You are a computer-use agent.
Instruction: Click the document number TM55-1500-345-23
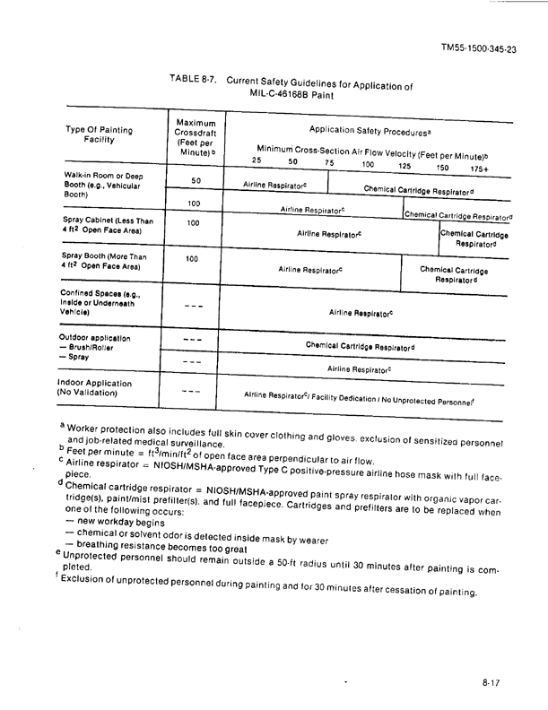coord(479,50)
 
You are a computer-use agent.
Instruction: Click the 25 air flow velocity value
coord(257,160)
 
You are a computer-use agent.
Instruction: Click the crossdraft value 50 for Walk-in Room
coord(195,181)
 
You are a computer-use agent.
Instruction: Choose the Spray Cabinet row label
coord(106,227)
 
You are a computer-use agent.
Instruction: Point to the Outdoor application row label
coord(95,339)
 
